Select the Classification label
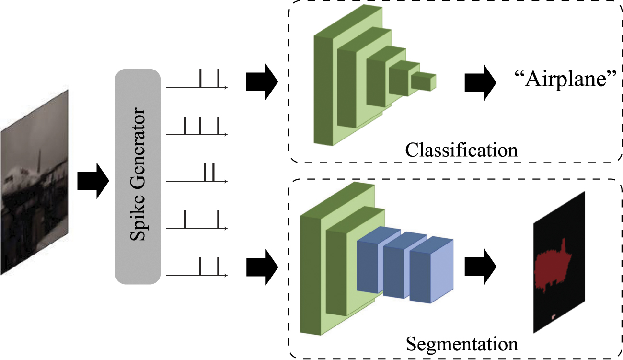pyautogui.click(x=461, y=150)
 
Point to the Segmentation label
pyautogui.click(x=461, y=344)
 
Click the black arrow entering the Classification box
pyautogui.click(x=262, y=81)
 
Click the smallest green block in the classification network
pyautogui.click(x=424, y=82)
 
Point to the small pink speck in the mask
pyautogui.click(x=553, y=316)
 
